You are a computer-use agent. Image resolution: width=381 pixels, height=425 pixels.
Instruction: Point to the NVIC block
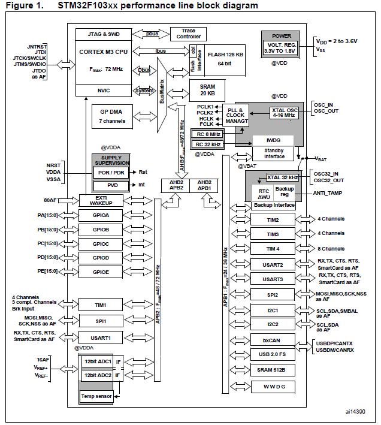coord(105,90)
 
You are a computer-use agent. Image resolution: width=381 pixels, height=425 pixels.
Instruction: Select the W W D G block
coord(273,385)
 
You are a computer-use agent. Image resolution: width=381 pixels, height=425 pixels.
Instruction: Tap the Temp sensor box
coord(96,396)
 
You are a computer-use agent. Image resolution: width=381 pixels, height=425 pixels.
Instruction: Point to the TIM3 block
coord(273,234)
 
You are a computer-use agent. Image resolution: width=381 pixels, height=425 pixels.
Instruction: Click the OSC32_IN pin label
coord(329,174)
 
